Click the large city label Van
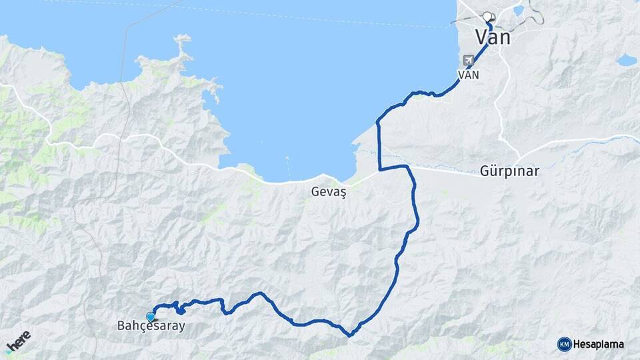coord(493,37)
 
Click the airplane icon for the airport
coord(468,60)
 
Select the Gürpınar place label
coord(509,171)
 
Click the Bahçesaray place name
coord(151,327)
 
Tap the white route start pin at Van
coord(487,17)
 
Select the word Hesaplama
coord(598,344)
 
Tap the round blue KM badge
coord(564,344)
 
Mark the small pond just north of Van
coord(518,10)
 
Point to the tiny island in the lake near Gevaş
coord(287,159)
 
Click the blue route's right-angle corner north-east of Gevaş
coord(379,169)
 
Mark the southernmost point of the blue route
coord(349,335)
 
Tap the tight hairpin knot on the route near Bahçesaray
coord(179,308)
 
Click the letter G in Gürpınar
coord(485,171)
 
